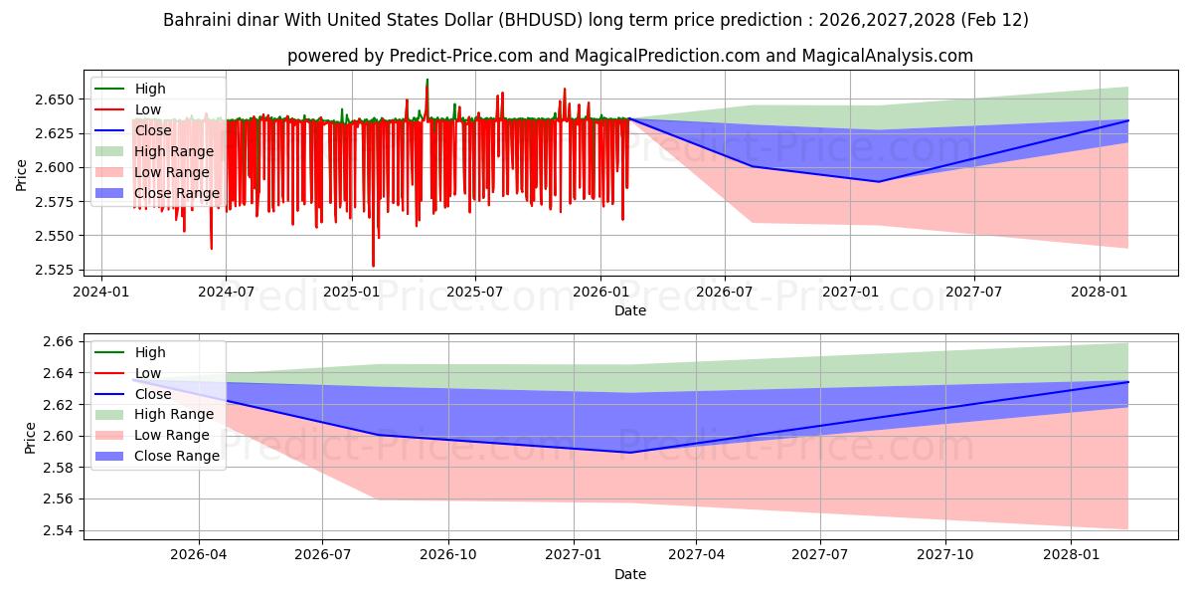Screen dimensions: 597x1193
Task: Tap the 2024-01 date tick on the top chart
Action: (x=102, y=291)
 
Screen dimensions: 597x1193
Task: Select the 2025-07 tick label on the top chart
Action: (x=474, y=291)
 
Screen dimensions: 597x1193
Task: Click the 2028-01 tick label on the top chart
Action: (x=1099, y=291)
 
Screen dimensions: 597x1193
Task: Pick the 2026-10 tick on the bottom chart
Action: (x=448, y=554)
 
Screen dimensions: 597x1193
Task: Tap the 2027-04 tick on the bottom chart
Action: (x=697, y=554)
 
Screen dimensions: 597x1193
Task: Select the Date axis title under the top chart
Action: (x=629, y=310)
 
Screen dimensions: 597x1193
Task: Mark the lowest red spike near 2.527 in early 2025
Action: (x=374, y=266)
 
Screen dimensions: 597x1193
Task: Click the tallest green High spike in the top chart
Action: (x=427, y=80)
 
